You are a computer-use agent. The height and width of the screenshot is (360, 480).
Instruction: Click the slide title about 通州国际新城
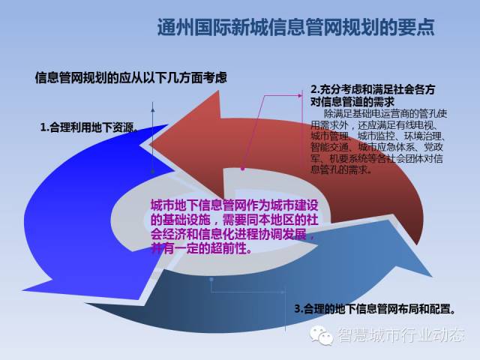click(x=296, y=28)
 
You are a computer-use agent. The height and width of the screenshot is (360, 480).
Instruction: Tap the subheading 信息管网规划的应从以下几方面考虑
click(x=131, y=78)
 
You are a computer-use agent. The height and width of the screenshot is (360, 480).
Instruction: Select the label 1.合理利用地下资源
click(x=88, y=127)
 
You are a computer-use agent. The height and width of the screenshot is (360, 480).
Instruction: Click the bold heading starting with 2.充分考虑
click(x=373, y=95)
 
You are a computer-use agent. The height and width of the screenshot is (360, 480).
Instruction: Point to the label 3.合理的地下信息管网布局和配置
click(x=375, y=309)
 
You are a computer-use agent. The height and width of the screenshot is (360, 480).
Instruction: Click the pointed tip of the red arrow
click(x=151, y=144)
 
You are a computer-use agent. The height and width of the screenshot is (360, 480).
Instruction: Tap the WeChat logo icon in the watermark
click(x=321, y=335)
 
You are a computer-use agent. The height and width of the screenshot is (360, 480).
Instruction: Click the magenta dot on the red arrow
click(x=242, y=169)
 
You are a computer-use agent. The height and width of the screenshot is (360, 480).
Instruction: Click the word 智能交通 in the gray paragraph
click(x=329, y=147)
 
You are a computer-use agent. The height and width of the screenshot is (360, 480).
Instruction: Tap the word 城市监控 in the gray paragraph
click(x=376, y=136)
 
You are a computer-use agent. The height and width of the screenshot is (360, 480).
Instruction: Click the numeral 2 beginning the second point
click(x=313, y=90)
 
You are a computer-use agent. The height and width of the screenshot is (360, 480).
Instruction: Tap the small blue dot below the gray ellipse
click(x=211, y=279)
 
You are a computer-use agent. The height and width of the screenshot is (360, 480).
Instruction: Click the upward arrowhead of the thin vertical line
click(x=153, y=108)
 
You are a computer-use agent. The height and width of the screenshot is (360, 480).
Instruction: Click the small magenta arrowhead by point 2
click(x=300, y=95)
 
